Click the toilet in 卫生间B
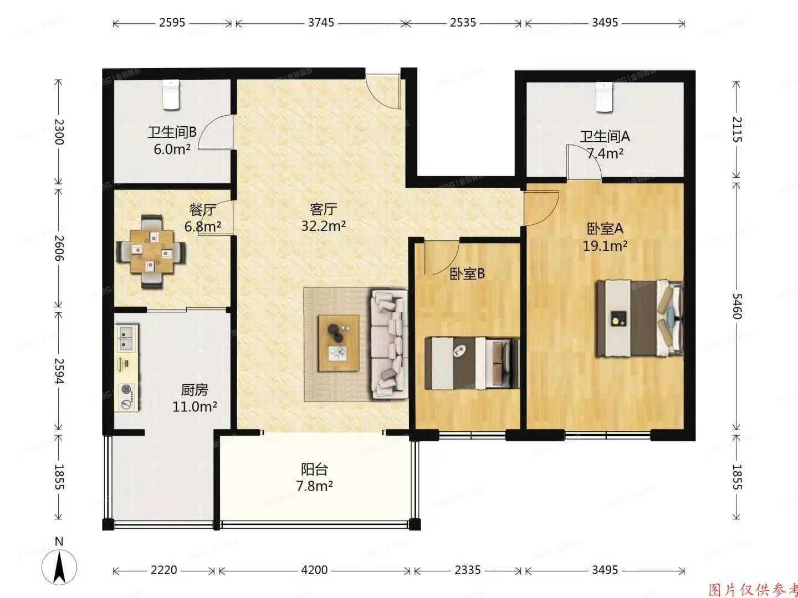click(171, 95)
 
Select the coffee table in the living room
click(338, 343)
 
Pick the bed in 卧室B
click(472, 363)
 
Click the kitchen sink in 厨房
click(127, 338)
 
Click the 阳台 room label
click(314, 470)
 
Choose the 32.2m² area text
click(324, 226)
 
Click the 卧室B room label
click(467, 274)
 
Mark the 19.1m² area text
click(605, 246)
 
